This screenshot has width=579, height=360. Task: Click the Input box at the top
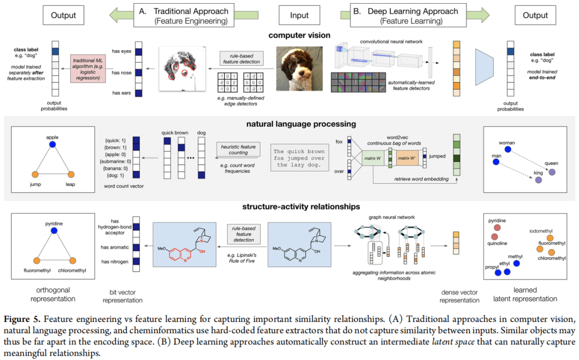[x=299, y=15]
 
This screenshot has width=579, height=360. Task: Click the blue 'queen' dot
[x=551, y=171]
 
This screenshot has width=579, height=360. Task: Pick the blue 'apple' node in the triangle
[x=52, y=145]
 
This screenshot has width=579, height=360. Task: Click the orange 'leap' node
[x=70, y=174]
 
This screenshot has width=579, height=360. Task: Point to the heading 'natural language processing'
[x=293, y=124]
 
